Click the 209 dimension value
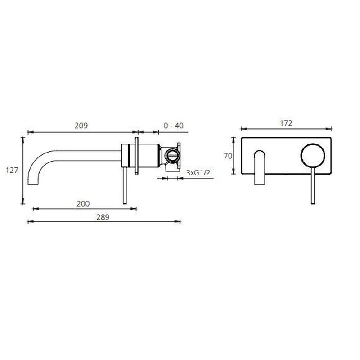81,126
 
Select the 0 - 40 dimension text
174,126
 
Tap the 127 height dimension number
12,171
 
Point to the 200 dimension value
83,204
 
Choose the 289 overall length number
103,217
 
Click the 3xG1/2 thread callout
198,173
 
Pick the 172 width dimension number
286,123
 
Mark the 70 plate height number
228,156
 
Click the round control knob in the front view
313,155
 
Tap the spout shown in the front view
260,167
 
